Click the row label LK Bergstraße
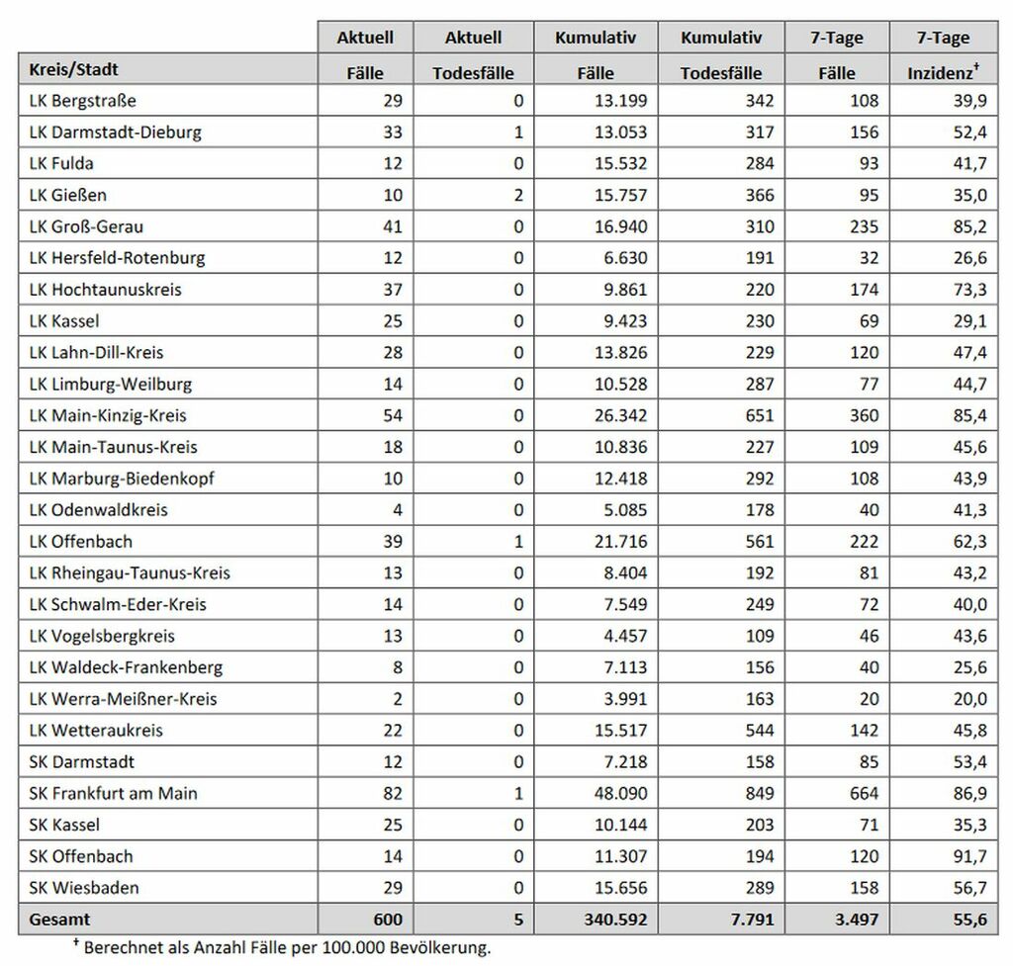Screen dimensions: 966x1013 click(83, 101)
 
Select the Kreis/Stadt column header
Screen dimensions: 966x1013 click(75, 70)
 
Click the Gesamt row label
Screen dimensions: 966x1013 click(59, 920)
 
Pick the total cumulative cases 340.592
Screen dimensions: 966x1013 click(610, 920)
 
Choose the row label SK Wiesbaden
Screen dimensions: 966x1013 click(78, 888)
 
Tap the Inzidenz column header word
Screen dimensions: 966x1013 click(941, 72)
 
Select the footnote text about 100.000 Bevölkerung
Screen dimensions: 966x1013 click(287, 947)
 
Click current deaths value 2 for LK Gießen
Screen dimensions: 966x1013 click(517, 196)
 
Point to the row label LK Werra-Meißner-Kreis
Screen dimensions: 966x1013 click(123, 699)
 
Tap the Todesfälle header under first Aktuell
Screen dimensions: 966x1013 click(474, 72)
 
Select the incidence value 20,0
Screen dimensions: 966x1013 click(967, 699)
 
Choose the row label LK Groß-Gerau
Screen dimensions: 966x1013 click(86, 226)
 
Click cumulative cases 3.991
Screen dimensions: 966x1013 click(625, 699)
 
